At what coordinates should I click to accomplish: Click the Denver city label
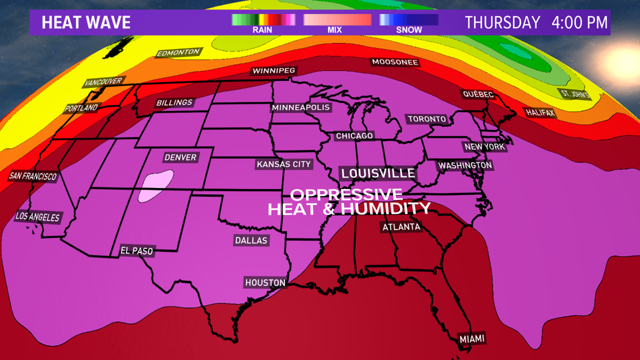[x=181, y=157]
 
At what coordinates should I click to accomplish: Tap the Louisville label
[x=378, y=173]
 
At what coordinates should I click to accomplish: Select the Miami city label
[x=472, y=339]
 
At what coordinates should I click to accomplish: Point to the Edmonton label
[x=178, y=53]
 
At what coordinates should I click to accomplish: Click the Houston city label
[x=265, y=283]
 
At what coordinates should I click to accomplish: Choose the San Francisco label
[x=33, y=176]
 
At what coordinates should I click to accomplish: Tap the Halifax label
[x=540, y=112]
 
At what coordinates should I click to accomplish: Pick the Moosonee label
[x=395, y=62]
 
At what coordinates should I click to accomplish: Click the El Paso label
[x=137, y=251]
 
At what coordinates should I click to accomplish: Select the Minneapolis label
[x=301, y=107]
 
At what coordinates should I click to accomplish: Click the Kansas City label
[x=284, y=164]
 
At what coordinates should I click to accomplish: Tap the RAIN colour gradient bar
[x=263, y=20]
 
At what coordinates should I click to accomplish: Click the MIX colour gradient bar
[x=337, y=20]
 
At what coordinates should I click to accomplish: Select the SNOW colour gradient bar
[x=409, y=20]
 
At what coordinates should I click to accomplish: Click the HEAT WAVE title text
[x=86, y=23]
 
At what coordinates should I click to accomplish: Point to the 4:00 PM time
[x=579, y=23]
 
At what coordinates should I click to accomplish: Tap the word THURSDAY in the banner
[x=502, y=23]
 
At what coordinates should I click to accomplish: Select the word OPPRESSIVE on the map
[x=346, y=194]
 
